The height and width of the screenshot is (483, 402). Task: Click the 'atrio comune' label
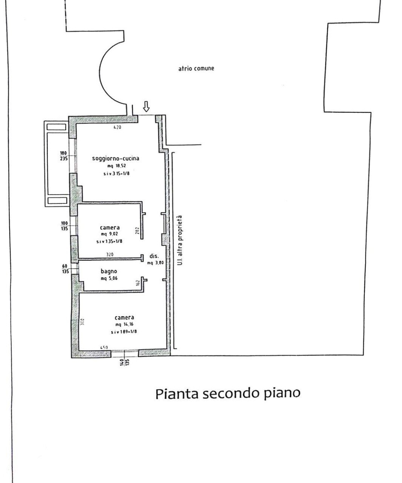click(196, 69)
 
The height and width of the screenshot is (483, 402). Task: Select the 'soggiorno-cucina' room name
click(115, 158)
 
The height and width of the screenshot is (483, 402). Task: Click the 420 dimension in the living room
click(117, 128)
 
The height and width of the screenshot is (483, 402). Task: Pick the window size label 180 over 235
click(63, 156)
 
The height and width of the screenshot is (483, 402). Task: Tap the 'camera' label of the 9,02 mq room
click(110, 228)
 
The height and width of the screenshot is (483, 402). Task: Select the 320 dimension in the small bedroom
click(110, 255)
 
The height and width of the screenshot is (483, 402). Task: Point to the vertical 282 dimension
click(137, 231)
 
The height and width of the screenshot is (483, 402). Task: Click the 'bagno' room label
click(109, 271)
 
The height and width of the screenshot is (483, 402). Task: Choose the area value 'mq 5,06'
click(109, 278)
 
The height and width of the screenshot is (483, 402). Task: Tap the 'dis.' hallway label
click(153, 256)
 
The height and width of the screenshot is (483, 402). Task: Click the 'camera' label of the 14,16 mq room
click(124, 318)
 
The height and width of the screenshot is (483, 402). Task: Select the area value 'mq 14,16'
click(124, 325)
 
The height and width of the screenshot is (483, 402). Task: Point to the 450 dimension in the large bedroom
click(104, 348)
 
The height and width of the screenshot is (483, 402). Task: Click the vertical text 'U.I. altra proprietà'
click(180, 240)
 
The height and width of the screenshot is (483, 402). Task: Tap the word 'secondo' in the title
click(230, 394)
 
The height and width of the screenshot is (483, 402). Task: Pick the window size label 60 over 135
click(65, 268)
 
